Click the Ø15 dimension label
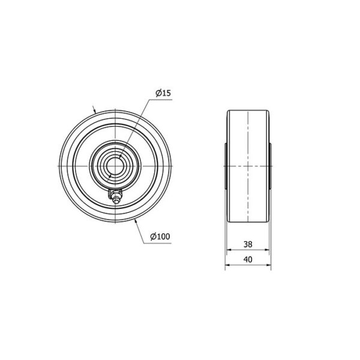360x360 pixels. (163, 93)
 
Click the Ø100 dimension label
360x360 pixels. (160, 236)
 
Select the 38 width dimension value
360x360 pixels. (248, 244)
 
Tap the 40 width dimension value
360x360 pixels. (248, 259)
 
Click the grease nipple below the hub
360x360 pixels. (115, 196)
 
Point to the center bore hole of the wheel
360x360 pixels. (115, 166)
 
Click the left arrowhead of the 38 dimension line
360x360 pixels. (229, 250)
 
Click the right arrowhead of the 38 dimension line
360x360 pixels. (266, 250)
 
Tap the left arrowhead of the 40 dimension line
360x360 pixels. (227, 265)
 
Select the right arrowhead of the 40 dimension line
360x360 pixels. (268, 265)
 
